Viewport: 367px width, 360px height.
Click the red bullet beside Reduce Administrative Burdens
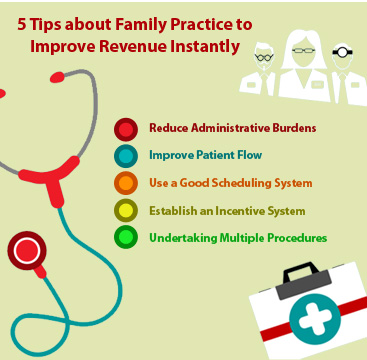tap(125, 128)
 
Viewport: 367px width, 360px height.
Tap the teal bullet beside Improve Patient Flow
tap(125, 156)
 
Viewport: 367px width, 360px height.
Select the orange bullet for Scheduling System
tap(125, 184)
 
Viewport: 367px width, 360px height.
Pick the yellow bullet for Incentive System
tap(125, 211)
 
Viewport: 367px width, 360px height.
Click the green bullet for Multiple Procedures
tap(125, 239)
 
